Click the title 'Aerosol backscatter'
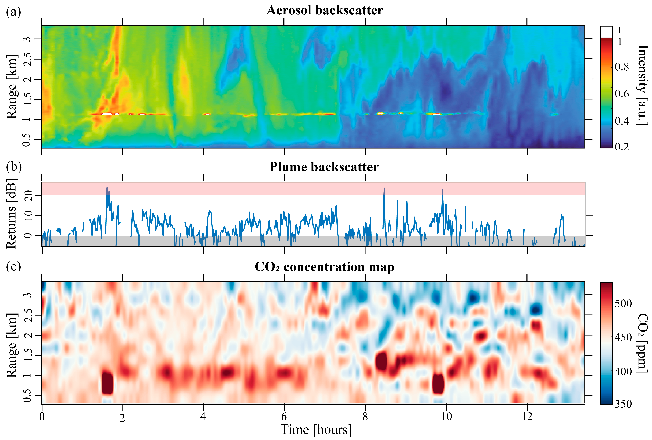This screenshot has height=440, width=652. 325,10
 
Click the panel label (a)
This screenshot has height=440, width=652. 13,12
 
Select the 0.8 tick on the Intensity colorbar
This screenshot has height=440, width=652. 622,67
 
